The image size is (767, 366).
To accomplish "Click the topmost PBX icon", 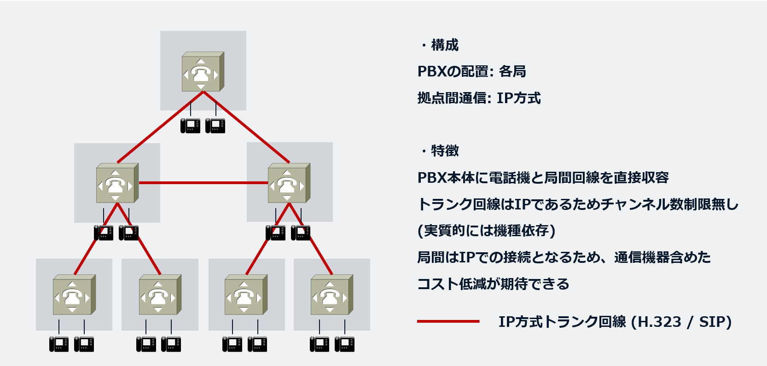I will [x=203, y=72].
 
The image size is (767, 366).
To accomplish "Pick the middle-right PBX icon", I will [x=289, y=183].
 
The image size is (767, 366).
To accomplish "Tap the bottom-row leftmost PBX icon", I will [x=74, y=295].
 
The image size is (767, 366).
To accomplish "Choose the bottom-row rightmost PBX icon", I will [x=331, y=295].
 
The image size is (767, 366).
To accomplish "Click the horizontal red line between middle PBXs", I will [x=203, y=183].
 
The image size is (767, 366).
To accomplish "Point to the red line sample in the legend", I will [x=447, y=321].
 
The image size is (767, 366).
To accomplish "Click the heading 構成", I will [x=444, y=45].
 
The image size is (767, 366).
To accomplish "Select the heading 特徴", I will [x=444, y=151].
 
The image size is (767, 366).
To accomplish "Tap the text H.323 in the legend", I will [x=660, y=322].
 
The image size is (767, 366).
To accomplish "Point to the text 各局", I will [x=512, y=71].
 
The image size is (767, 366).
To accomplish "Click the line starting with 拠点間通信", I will [x=479, y=98].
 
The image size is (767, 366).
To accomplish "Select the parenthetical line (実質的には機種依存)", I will [x=486, y=230].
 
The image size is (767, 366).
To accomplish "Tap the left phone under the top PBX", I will [x=190, y=126].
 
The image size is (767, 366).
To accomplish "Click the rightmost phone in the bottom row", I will [x=344, y=344].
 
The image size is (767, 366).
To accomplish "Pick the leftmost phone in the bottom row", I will [x=59, y=344].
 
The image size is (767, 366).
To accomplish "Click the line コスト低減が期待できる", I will [x=493, y=284].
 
